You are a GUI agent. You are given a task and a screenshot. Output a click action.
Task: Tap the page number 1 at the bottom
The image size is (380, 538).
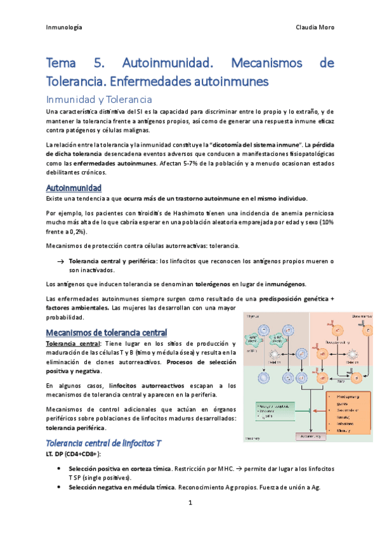(190, 503)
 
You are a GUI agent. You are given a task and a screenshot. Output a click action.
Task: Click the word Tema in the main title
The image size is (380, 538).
(62, 63)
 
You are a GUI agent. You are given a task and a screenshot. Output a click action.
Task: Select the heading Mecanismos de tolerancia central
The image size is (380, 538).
(107, 332)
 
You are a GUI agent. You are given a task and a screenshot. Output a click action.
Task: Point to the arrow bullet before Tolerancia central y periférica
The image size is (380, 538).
(60, 261)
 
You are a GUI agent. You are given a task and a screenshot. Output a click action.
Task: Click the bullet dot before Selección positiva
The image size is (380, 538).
(59, 468)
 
